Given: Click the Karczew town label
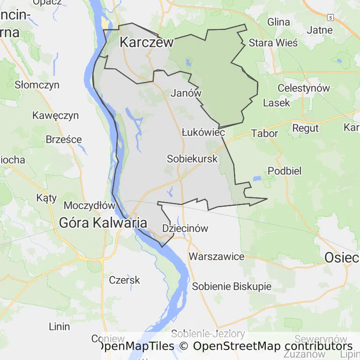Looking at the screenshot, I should (147, 42).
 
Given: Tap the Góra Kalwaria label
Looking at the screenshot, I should (103, 223).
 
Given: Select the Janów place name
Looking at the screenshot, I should (186, 93).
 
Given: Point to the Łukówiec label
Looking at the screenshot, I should (203, 133).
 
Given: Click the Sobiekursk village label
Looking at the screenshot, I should (192, 159).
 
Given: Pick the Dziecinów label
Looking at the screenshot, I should (185, 228).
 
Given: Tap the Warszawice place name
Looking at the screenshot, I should (217, 256).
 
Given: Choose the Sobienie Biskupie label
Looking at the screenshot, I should (232, 286).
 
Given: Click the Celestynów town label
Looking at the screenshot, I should (304, 88).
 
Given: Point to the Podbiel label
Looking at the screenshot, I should (284, 171).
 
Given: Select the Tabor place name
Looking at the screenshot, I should (265, 133).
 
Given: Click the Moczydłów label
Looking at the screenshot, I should (90, 205).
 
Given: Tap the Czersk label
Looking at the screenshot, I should (124, 280).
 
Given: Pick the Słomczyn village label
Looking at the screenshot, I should (37, 85).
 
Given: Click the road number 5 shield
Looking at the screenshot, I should (330, 17).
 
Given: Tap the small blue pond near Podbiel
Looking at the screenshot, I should (257, 179).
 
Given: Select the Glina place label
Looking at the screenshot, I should (279, 22).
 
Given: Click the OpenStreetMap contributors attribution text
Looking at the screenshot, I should (273, 346).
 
